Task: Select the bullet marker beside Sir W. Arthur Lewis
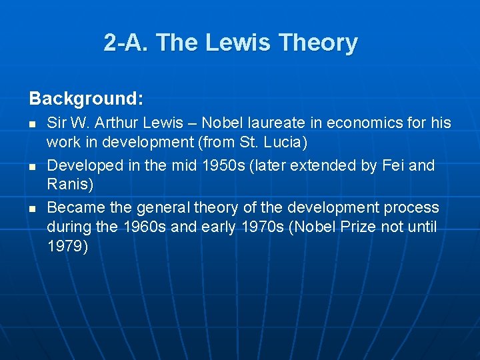[x=33, y=125]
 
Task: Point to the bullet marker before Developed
[x=33, y=167]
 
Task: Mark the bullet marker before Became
[x=33, y=209]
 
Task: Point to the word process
[x=412, y=207]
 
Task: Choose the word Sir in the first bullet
[x=57, y=123]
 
